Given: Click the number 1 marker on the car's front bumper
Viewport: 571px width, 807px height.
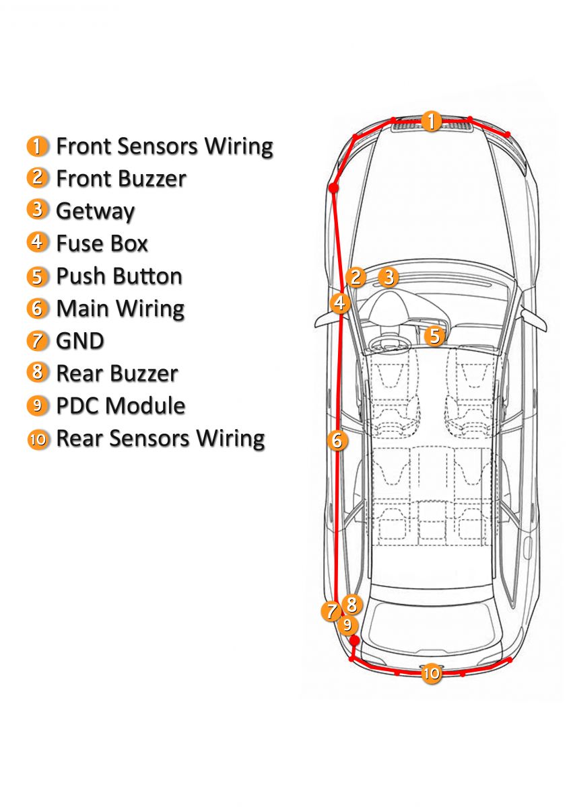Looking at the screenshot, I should [x=431, y=122].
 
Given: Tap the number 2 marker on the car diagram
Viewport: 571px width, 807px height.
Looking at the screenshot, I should [x=356, y=276].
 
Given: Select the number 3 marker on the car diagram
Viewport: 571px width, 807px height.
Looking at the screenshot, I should [x=388, y=276].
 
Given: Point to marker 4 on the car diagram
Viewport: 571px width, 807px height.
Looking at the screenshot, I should [x=341, y=303].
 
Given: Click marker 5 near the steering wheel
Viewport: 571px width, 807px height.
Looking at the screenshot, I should [x=435, y=335].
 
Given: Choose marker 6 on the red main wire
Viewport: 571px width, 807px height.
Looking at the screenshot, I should [x=337, y=440].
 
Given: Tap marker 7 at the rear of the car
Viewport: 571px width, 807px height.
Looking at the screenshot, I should [x=331, y=611].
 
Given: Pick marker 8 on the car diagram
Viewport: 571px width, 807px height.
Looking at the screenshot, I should [x=351, y=603].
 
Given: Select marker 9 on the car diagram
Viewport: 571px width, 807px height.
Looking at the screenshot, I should [x=347, y=625].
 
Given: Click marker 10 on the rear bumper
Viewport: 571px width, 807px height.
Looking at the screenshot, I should [x=432, y=672].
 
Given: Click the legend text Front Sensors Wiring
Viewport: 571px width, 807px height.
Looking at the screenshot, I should [x=164, y=146].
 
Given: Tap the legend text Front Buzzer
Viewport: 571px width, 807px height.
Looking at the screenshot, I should [x=121, y=178].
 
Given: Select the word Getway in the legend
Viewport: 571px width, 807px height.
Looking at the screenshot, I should [x=95, y=210].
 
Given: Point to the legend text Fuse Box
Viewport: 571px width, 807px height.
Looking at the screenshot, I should [x=102, y=243].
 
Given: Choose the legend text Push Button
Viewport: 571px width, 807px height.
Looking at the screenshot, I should [x=119, y=276].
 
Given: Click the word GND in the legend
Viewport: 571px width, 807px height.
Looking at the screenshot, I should [x=80, y=340].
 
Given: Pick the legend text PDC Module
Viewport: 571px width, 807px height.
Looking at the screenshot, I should [x=121, y=406].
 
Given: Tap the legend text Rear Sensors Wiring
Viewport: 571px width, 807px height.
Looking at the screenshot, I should [x=160, y=438].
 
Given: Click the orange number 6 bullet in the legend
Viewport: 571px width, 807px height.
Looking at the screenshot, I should [x=38, y=309].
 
